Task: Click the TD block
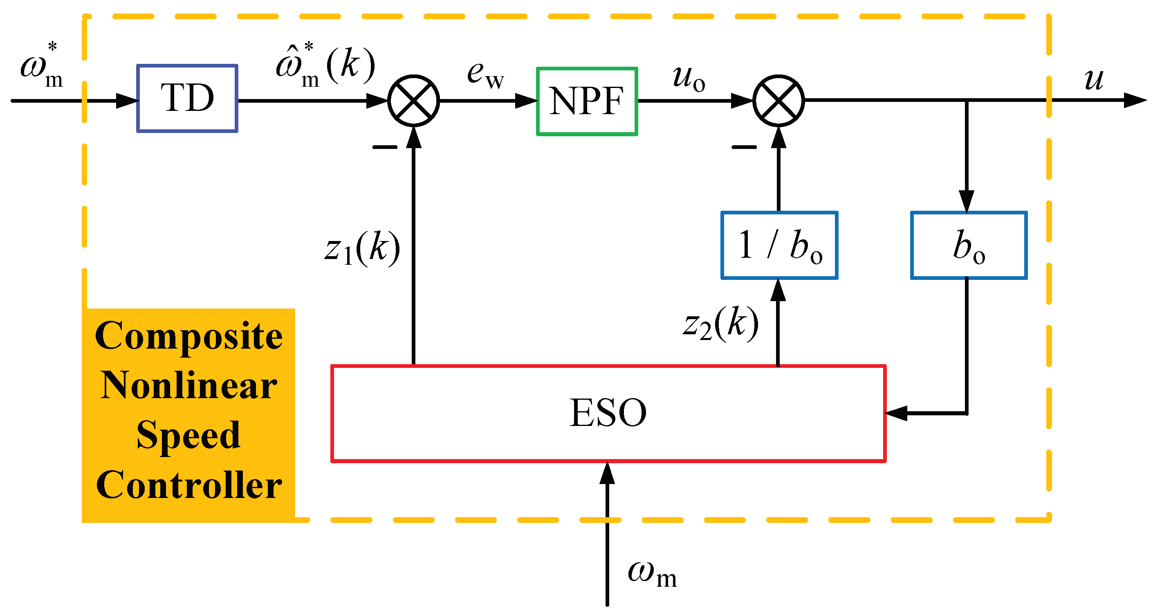click(x=187, y=98)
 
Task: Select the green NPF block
click(x=587, y=101)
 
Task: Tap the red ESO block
click(x=608, y=413)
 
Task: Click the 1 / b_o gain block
click(x=779, y=245)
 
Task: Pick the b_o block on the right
click(x=969, y=245)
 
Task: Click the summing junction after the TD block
click(x=414, y=100)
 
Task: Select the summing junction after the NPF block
click(x=778, y=100)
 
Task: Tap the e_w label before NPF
click(x=485, y=74)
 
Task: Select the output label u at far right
click(x=1093, y=79)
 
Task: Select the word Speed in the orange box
click(x=188, y=435)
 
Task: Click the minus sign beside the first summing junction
click(x=384, y=147)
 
